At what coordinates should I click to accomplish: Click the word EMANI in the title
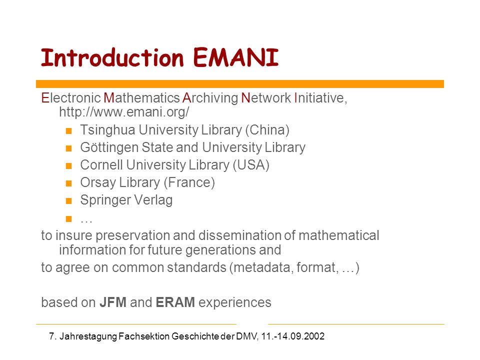click(x=235, y=57)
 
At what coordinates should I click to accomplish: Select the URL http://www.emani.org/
click(x=124, y=112)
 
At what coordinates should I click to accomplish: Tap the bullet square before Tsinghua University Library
click(x=68, y=130)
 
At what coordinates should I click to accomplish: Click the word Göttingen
click(x=109, y=147)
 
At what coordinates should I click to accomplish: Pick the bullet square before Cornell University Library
click(x=68, y=166)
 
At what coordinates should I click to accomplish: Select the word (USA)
click(x=251, y=164)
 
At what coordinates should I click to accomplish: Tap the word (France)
click(x=189, y=182)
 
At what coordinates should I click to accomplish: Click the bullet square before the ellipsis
click(x=68, y=218)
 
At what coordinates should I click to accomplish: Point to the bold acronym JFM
click(x=113, y=302)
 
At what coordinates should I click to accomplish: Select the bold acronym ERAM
click(x=175, y=302)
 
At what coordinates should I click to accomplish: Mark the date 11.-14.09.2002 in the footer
click(x=293, y=336)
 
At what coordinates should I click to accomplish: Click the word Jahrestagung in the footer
click(x=88, y=336)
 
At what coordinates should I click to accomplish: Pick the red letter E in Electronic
click(x=45, y=98)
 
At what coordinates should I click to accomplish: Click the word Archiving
click(x=210, y=98)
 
